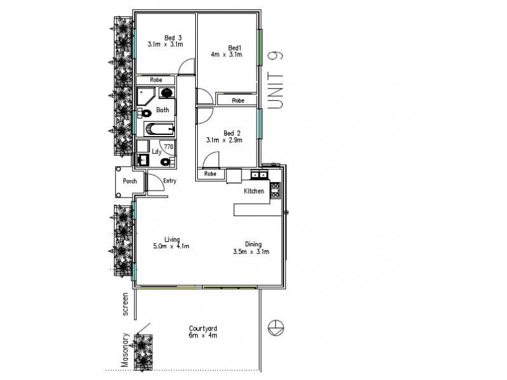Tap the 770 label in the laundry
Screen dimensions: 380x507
coord(168,147)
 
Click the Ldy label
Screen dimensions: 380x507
coord(155,152)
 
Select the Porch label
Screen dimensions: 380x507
coord(130,181)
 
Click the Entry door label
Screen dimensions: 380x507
coord(169,181)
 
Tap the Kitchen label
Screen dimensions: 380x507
coord(254,191)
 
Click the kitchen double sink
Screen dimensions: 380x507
coord(258,174)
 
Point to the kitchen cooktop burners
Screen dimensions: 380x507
coord(275,189)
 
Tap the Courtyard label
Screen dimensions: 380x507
coord(203,329)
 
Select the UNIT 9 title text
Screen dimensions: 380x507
coord(275,80)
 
